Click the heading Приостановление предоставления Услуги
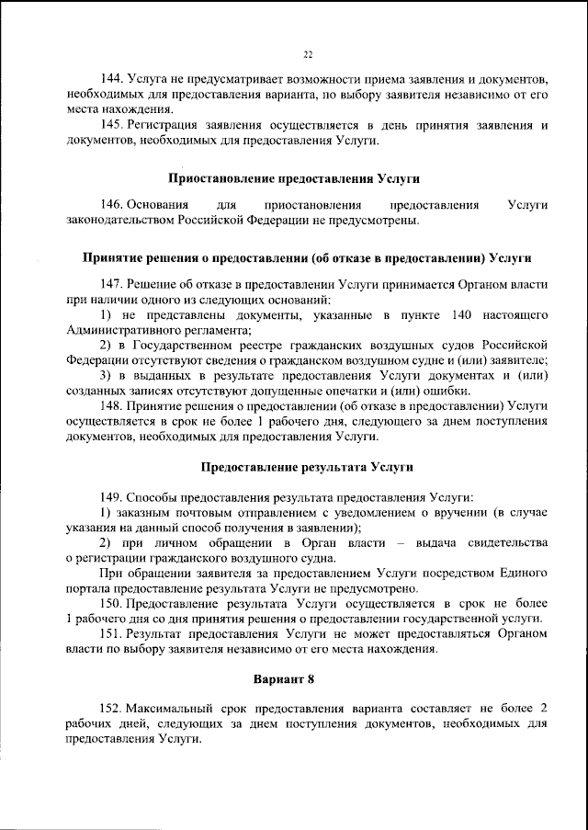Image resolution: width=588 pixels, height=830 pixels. pos(307,176)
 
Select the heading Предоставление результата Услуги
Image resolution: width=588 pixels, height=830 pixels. pos(307,467)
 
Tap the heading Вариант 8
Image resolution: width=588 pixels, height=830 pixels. pos(307,678)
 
